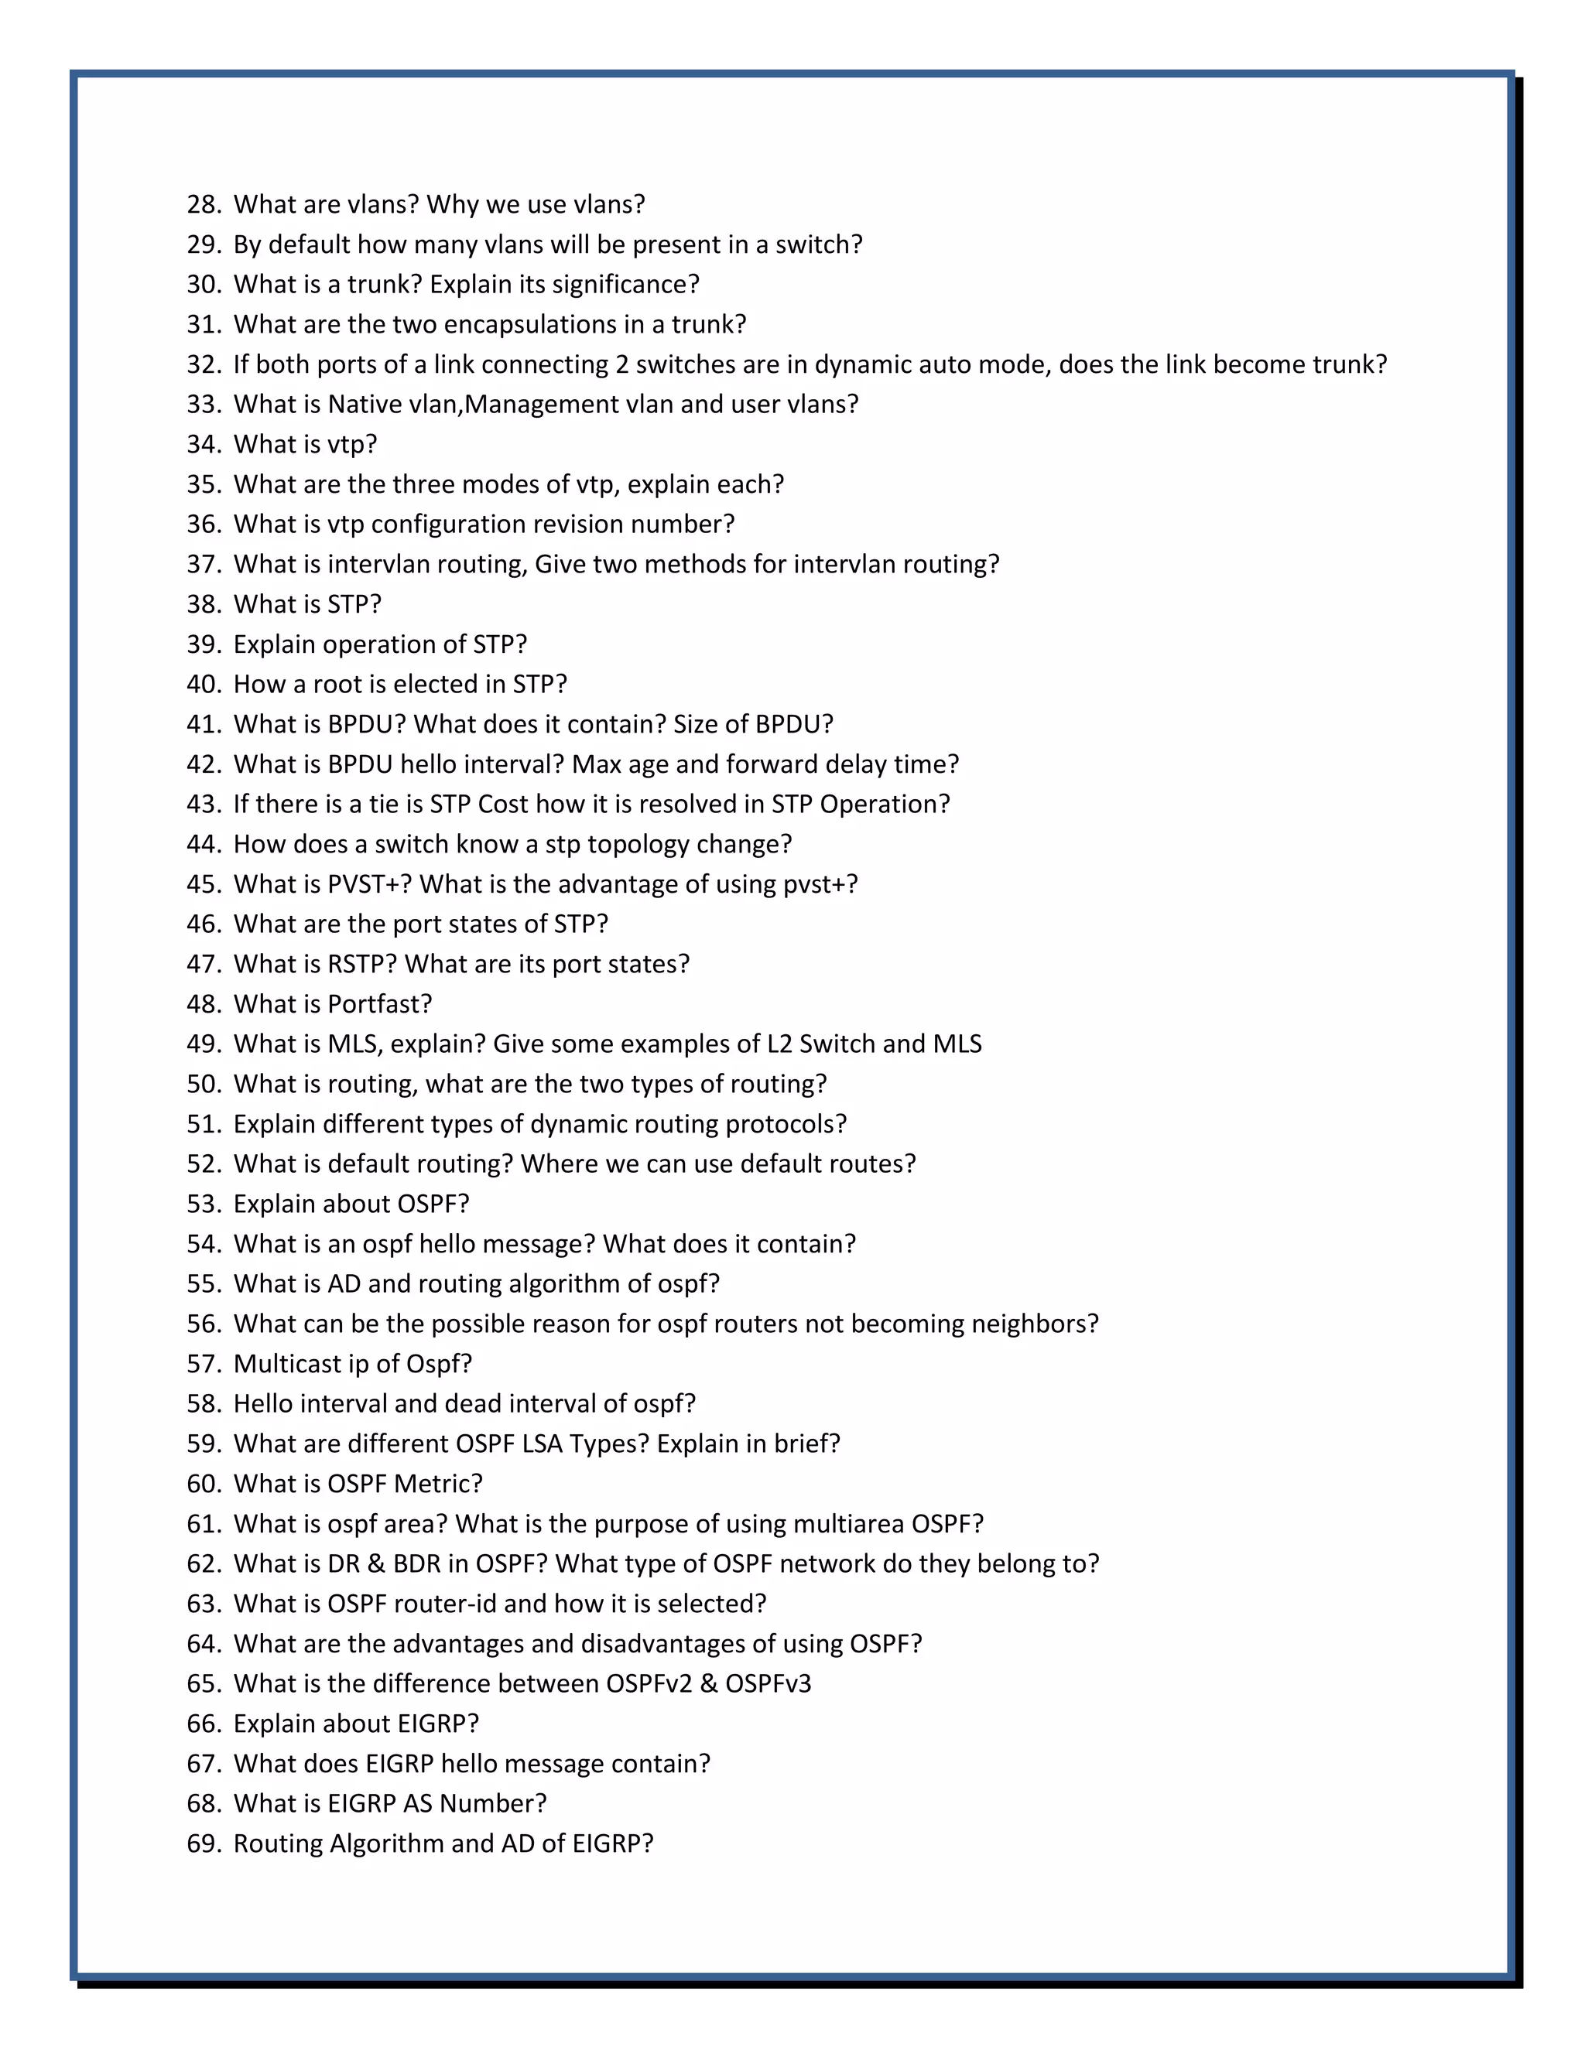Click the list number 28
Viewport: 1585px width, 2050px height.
(203, 205)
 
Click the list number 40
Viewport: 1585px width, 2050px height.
(203, 685)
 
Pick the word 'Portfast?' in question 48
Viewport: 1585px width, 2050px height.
(379, 1004)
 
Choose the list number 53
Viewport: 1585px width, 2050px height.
(203, 1204)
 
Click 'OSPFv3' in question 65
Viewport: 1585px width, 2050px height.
(767, 1684)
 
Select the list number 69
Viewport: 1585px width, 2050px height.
(203, 1843)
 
